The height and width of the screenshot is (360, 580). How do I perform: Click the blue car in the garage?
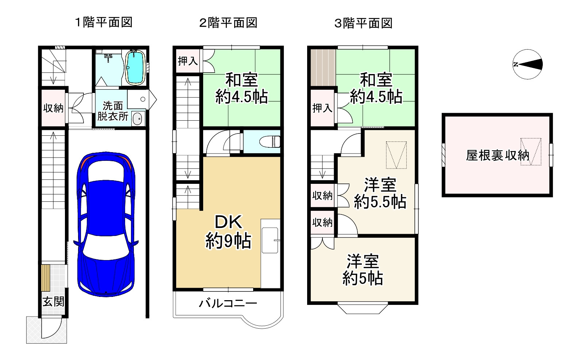pos(105,223)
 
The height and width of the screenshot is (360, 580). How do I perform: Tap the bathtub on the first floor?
pos(136,67)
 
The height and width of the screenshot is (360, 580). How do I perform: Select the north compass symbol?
pos(527,65)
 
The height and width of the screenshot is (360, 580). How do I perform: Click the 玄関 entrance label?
pos(54,302)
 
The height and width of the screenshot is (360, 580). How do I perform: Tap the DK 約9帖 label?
pos(228,232)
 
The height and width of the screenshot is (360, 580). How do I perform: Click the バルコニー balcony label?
pos(228,303)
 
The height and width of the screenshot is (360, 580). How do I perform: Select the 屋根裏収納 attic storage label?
pos(497,156)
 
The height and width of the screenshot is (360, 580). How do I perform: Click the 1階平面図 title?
pos(104,23)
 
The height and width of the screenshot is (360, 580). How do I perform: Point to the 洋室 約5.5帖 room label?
pos(380,193)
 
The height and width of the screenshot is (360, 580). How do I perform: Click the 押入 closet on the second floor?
pos(187,61)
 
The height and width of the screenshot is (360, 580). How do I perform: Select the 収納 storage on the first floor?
pos(53,108)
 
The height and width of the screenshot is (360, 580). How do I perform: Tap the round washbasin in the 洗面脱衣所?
pos(137,119)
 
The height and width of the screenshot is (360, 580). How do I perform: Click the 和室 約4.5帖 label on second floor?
pos(241,88)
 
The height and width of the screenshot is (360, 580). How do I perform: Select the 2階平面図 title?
pos(228,23)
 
